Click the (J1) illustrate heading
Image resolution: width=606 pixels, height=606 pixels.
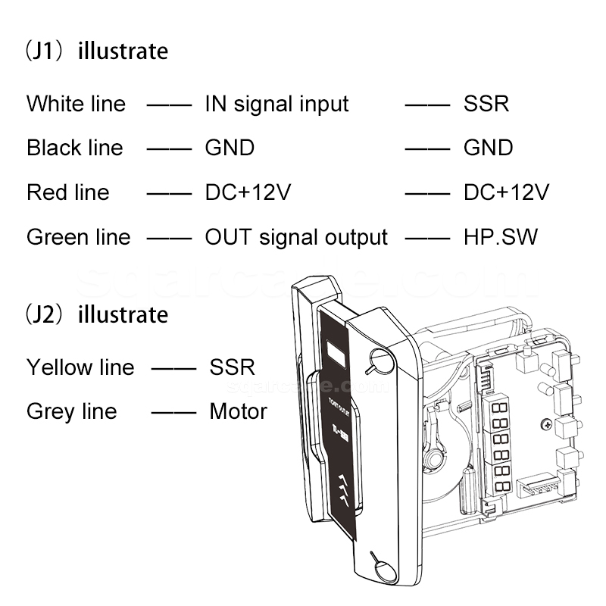[x=97, y=52]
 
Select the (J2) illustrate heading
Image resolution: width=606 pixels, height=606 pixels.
[x=97, y=314]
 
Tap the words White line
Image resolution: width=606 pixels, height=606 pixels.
[x=76, y=104]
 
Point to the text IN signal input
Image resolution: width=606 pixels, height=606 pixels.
[x=276, y=104]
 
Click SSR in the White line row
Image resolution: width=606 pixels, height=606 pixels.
[x=486, y=104]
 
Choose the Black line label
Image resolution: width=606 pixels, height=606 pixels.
[x=74, y=148]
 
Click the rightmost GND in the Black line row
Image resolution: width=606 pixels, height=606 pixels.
[x=488, y=148]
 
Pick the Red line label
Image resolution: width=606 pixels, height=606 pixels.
[x=67, y=192]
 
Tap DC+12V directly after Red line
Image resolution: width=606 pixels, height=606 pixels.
[x=248, y=192]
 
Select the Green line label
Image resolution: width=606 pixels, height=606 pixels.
[x=78, y=237]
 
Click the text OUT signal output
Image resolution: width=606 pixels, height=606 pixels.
[x=296, y=237]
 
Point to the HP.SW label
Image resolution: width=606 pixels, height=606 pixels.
[x=500, y=237]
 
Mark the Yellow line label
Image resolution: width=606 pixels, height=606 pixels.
[x=80, y=367]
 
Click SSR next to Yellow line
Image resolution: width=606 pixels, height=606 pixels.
[x=232, y=367]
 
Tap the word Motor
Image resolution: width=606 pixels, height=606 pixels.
[x=238, y=412]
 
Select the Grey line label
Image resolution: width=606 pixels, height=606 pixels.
[x=71, y=412]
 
